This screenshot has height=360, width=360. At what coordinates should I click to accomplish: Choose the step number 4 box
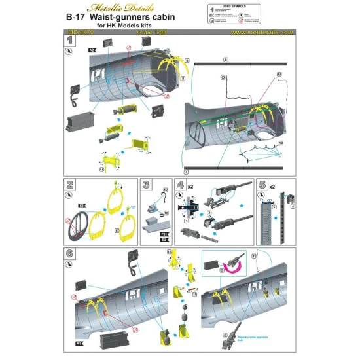pos(179,184)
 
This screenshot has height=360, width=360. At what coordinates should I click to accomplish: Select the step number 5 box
pos(262,184)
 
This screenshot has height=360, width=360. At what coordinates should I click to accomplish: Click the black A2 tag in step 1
pos(92,49)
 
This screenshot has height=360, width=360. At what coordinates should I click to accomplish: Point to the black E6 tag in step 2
pos(82,205)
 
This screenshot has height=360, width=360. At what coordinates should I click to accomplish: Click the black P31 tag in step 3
pos(166,232)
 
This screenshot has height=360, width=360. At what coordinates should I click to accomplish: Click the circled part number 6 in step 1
pos(225,60)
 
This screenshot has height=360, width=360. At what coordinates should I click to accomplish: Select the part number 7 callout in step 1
pos(187,171)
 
